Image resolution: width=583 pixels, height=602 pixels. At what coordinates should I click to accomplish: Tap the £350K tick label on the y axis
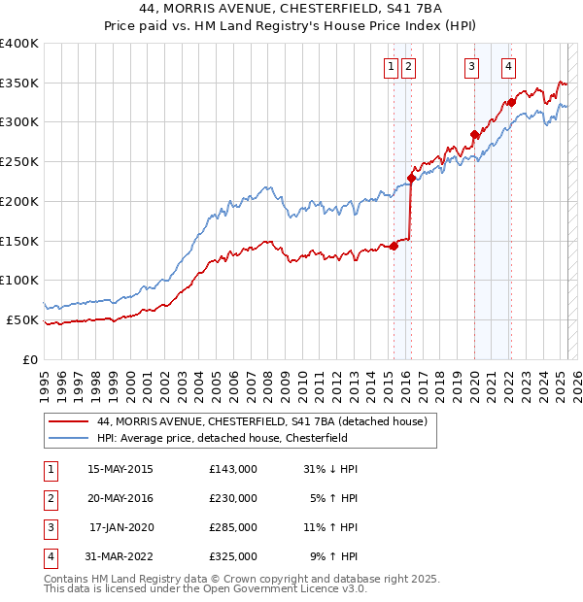tap(19, 84)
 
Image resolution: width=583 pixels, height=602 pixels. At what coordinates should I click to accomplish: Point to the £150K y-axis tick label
tap(19, 241)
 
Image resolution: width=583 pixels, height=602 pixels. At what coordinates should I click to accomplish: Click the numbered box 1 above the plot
tap(391, 67)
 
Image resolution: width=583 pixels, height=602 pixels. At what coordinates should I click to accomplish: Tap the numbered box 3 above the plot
tap(471, 67)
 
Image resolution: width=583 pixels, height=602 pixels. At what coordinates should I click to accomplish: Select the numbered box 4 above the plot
tap(508, 67)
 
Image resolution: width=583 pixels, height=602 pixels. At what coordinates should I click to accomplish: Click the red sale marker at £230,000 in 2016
tap(411, 178)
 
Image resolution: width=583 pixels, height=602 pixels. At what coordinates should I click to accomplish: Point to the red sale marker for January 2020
tap(474, 134)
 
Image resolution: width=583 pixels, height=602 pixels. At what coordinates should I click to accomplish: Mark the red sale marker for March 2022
tap(511, 102)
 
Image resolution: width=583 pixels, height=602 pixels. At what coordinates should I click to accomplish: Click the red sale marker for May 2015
tap(394, 246)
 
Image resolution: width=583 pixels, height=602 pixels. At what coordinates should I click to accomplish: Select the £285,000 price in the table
tap(233, 527)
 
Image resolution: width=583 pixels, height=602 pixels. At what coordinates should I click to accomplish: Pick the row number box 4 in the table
tap(49, 556)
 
